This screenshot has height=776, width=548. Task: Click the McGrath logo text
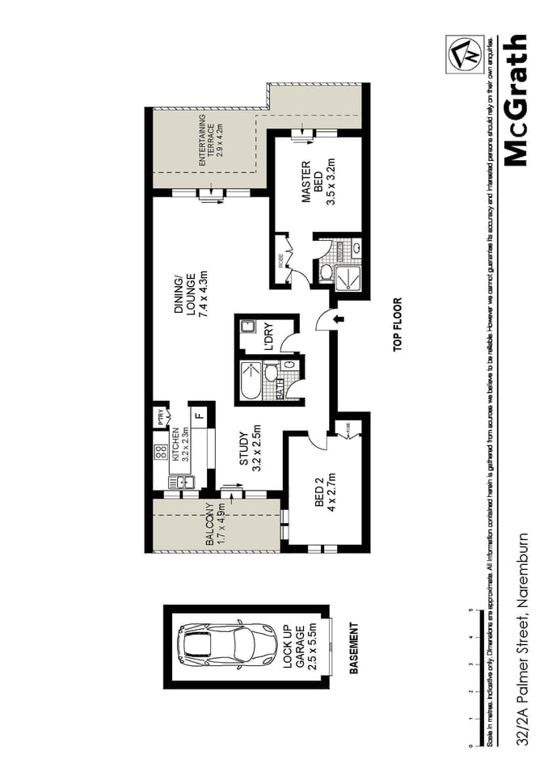pos(516,99)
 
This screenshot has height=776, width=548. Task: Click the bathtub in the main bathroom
pos(251,382)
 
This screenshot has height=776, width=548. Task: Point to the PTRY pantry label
pos(162,417)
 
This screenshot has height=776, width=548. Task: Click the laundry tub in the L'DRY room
pos(247,327)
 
